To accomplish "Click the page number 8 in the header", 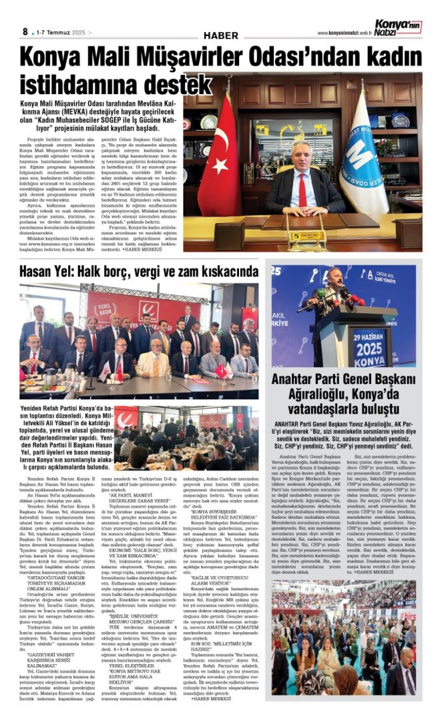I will [x=24, y=31].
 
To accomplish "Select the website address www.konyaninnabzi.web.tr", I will [x=345, y=33].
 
